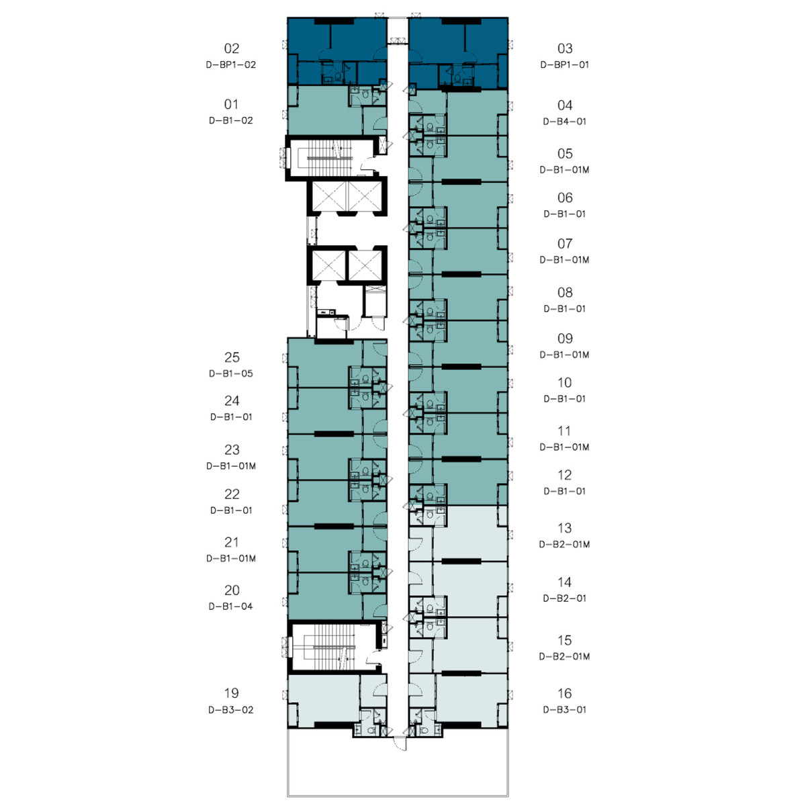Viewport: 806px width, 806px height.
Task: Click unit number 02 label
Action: coord(231,48)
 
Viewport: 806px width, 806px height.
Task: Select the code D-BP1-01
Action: coord(564,65)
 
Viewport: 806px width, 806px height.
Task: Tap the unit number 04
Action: coord(564,105)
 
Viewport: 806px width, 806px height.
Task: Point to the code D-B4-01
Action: coord(564,122)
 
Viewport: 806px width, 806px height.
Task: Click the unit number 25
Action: coord(232,357)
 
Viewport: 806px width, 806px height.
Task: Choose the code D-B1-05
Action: coord(231,373)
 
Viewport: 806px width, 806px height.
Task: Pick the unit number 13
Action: coord(564,528)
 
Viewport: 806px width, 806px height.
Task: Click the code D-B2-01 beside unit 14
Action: coord(564,598)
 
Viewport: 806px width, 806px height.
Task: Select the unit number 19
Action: coord(231,693)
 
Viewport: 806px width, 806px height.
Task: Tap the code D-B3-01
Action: coord(564,710)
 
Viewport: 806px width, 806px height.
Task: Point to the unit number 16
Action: coord(564,693)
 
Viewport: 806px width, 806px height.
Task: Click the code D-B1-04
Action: coord(231,607)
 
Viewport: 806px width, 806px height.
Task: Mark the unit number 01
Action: coord(231,104)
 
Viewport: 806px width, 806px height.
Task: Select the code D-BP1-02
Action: coord(231,65)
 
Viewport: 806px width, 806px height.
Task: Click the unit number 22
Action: coord(232,494)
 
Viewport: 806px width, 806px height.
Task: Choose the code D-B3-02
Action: coord(231,710)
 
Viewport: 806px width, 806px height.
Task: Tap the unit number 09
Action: coord(565,339)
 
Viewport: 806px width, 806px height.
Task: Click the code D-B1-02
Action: coord(231,120)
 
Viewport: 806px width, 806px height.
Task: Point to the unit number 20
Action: coord(232,590)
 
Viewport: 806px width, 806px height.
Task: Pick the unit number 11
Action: coord(564,431)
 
